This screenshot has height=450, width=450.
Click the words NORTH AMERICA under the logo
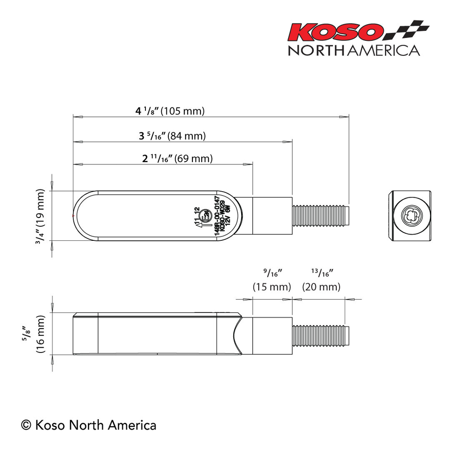click(354, 50)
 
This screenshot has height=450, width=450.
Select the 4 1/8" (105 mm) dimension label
click(170, 111)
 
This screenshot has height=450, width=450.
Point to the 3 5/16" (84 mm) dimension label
click(172, 136)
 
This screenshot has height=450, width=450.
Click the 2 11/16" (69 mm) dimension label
click(177, 159)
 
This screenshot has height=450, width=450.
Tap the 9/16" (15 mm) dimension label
click(272, 280)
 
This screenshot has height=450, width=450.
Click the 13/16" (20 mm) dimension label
click(321, 280)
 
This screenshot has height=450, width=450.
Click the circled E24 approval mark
click(205, 216)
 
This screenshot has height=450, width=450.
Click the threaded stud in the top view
click(320, 216)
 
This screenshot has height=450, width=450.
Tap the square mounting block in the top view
click(272, 216)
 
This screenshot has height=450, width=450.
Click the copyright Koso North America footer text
click(89, 425)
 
